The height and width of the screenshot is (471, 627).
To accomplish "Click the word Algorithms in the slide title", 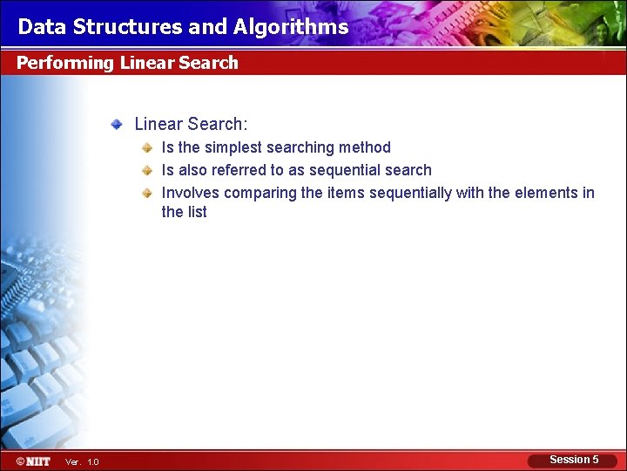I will tap(291, 27).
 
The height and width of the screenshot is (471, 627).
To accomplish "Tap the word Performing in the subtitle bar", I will tap(65, 63).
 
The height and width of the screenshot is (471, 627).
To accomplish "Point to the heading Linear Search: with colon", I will tap(191, 125).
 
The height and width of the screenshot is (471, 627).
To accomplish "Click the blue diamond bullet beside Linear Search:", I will tap(116, 126).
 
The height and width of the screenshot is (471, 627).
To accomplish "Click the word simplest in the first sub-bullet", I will tap(233, 147).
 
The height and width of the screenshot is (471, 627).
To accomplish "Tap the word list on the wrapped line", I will tap(196, 212).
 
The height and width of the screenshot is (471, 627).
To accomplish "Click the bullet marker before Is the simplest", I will tap(149, 148).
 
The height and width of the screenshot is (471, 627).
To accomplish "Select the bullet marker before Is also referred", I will tap(149, 171).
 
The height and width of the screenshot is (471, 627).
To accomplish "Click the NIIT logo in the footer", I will tap(32, 461).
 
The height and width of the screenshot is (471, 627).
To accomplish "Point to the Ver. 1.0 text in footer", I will tap(82, 461).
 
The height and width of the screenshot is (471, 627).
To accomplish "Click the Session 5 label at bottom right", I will tap(574, 460).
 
